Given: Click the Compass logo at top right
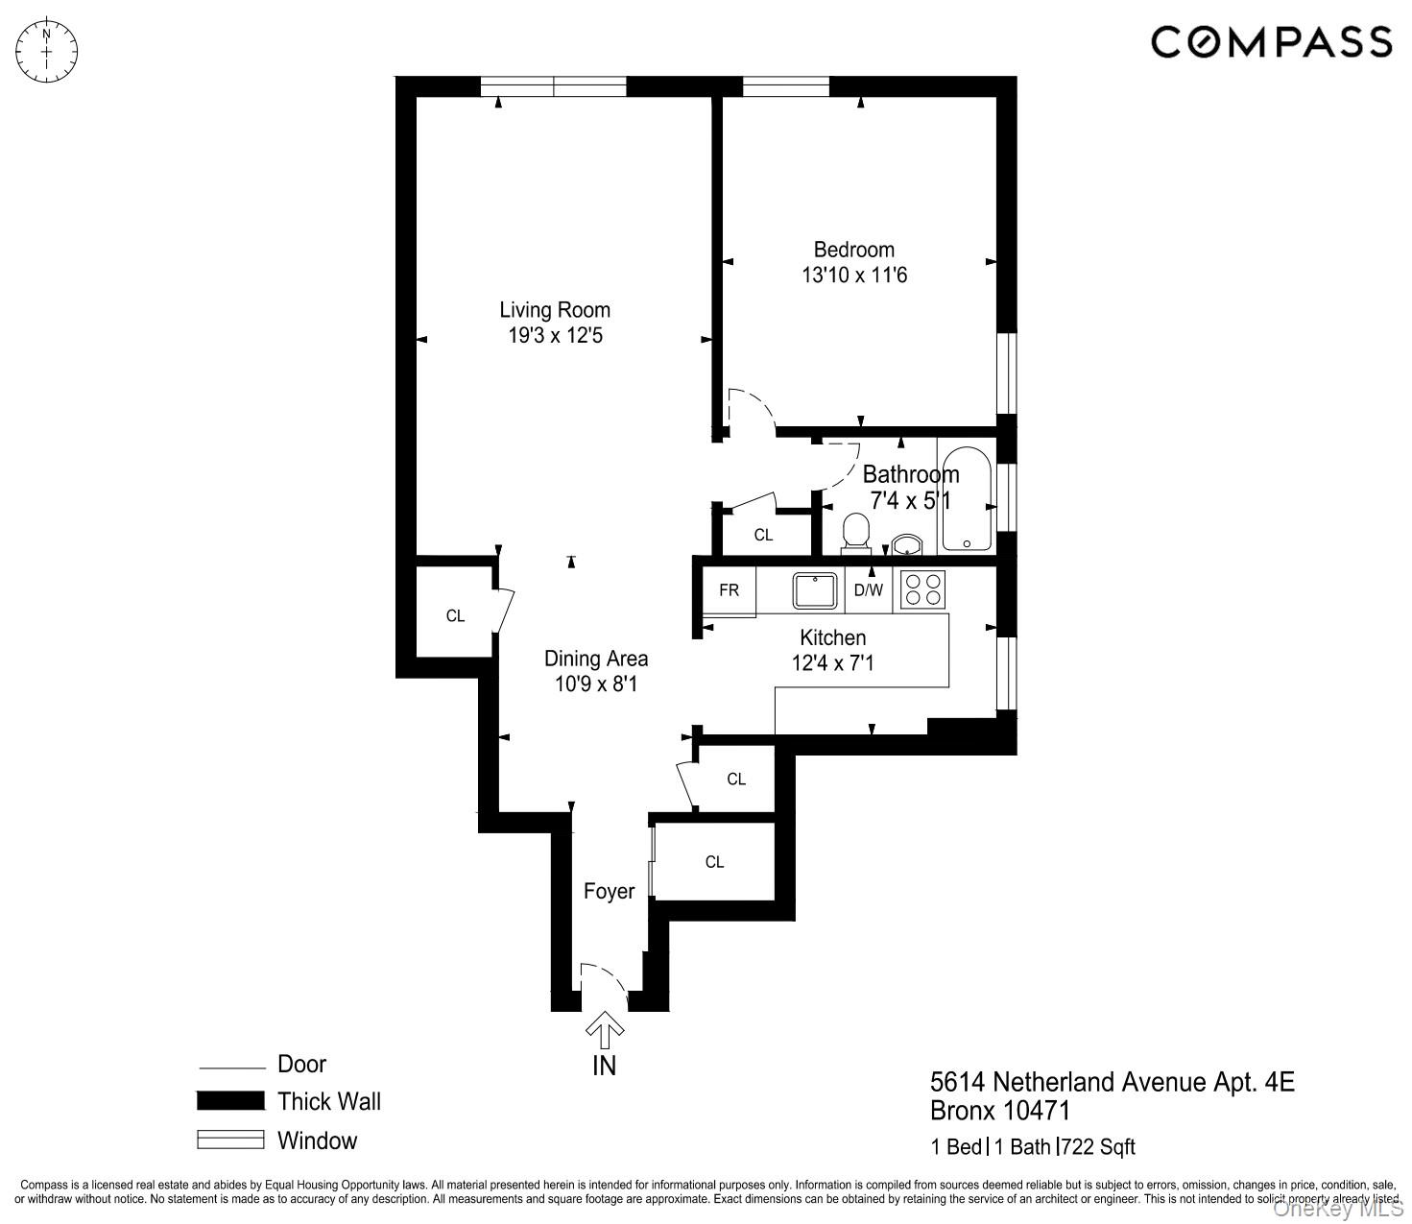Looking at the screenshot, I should (x=1271, y=42).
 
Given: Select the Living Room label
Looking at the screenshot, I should (x=555, y=310).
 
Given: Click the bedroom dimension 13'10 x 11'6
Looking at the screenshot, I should (x=853, y=276).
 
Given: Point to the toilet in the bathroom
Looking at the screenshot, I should (x=854, y=534).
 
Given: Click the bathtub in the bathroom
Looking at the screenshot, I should (x=967, y=498).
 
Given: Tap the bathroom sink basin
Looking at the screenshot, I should (x=906, y=545).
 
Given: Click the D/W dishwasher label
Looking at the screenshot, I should (x=868, y=590).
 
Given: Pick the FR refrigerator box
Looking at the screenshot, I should (x=729, y=590).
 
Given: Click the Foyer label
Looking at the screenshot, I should (x=609, y=892).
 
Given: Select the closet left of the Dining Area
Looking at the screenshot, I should (x=455, y=615).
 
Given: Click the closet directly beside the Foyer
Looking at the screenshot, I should (x=714, y=862).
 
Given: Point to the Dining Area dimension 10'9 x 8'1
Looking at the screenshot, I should (x=595, y=684).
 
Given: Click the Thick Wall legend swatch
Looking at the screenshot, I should (x=230, y=1101).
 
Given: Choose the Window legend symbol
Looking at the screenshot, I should (x=230, y=1140).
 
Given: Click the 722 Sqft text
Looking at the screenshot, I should (x=1100, y=1147).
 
